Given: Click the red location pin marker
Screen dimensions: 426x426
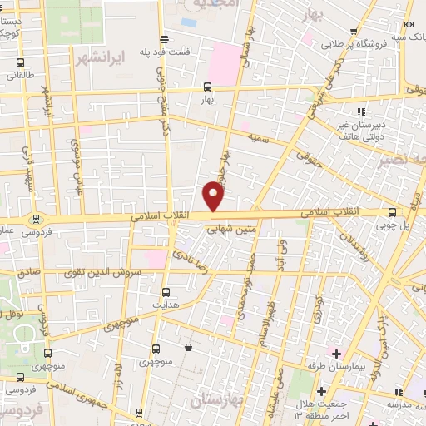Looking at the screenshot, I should click(x=214, y=196).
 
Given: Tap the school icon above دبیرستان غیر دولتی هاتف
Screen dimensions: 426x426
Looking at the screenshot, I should click(x=360, y=111).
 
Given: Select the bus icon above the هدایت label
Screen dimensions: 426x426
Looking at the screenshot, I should click(x=166, y=292).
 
